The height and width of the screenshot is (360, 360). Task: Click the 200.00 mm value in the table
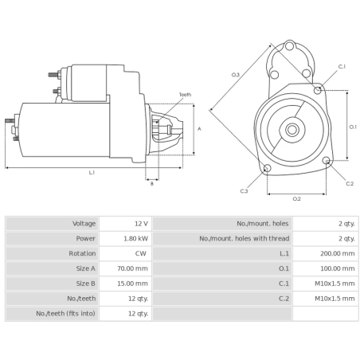[x=338, y=254]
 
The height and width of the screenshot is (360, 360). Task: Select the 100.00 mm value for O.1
[x=338, y=269]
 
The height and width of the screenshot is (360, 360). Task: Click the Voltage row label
[x=84, y=224]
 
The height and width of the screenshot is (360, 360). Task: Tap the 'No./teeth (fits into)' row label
[x=67, y=314]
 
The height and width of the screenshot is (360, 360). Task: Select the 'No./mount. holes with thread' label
[x=244, y=239]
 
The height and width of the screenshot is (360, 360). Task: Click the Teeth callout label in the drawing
[x=185, y=95]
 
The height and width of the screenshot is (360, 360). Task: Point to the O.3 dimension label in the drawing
[x=236, y=75]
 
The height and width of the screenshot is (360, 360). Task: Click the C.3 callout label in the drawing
[x=244, y=191]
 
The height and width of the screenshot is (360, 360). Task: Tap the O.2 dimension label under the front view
[x=296, y=198]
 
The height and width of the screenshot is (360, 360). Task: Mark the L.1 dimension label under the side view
[x=92, y=173]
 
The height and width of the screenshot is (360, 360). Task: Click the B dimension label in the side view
[x=152, y=184]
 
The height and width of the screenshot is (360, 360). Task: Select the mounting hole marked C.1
[x=319, y=91]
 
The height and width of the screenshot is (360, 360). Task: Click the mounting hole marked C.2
[x=327, y=162]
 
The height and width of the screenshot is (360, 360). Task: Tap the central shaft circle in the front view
[x=292, y=129]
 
